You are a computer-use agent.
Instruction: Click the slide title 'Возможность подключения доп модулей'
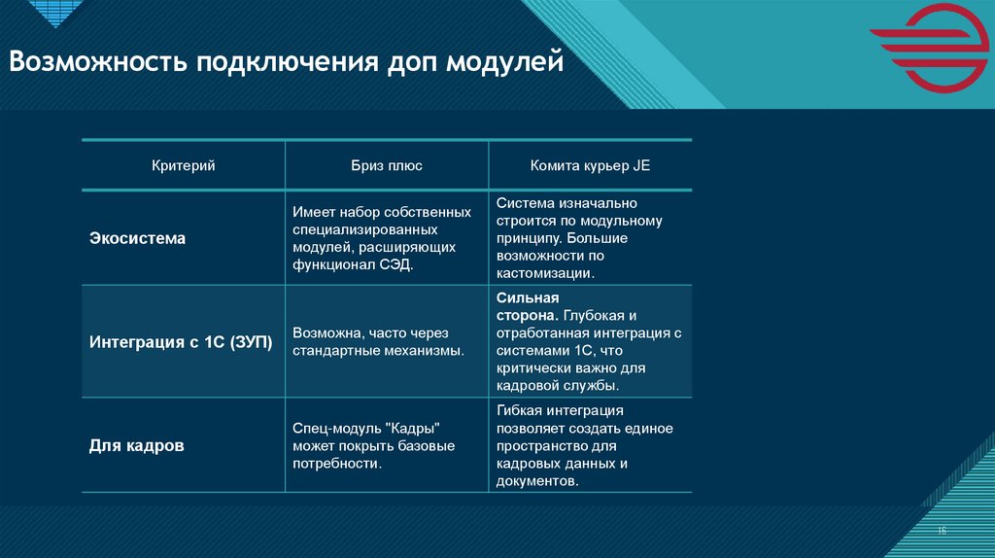287,64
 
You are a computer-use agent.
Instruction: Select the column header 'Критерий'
183,165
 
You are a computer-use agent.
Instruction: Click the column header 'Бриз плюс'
387,165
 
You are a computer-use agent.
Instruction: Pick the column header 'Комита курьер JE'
590,165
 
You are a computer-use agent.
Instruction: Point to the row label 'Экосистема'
137,238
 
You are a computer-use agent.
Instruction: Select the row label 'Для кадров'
137,446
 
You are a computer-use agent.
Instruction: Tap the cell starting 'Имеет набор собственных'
382,238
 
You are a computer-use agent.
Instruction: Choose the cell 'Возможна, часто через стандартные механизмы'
378,341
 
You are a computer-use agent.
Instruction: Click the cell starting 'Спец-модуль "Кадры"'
373,446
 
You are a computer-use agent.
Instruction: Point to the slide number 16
942,530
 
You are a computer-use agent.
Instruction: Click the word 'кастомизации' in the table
543,274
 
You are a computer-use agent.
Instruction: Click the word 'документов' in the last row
536,481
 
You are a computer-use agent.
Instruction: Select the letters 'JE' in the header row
641,165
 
